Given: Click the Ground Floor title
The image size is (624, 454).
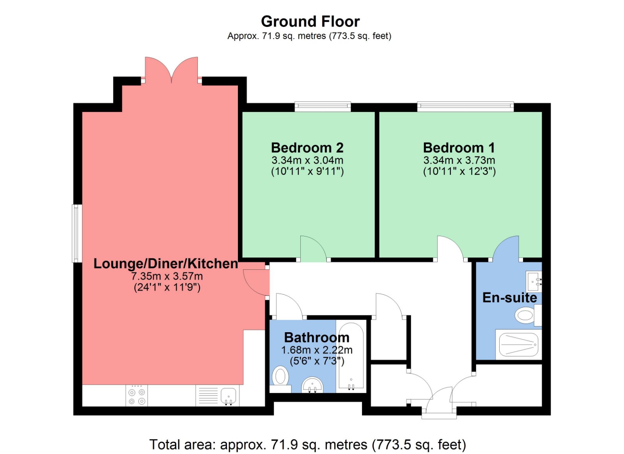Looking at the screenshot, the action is click(x=310, y=21).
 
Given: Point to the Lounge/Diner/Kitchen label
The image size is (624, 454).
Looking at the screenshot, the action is click(x=166, y=263).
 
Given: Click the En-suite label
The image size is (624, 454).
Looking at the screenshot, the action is click(x=509, y=298).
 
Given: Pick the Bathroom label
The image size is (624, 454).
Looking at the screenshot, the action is click(x=317, y=338).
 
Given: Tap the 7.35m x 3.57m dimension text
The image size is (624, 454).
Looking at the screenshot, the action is click(x=167, y=276).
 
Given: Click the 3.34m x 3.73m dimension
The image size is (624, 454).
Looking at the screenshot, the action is click(x=459, y=160).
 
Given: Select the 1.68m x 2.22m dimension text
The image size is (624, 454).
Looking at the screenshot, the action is click(x=317, y=350).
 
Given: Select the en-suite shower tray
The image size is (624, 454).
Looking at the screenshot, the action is click(x=518, y=344).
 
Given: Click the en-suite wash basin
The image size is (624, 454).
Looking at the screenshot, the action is click(x=534, y=281).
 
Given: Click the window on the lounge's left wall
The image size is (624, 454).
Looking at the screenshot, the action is click(x=77, y=234).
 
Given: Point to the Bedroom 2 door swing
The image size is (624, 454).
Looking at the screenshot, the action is click(x=313, y=249).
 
